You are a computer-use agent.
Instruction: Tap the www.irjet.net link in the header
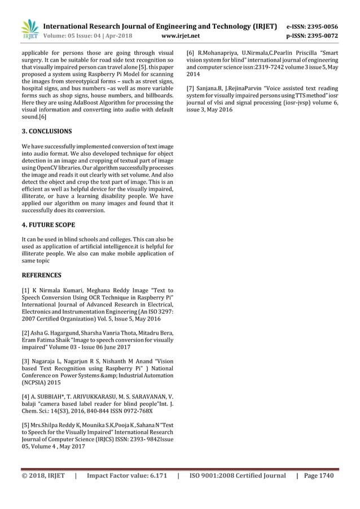click(x=180, y=36)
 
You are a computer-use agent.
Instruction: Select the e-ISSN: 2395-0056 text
click(x=313, y=26)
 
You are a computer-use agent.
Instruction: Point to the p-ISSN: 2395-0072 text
click(x=313, y=36)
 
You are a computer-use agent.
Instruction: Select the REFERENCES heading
click(x=41, y=275)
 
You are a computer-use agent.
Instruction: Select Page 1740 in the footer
click(x=319, y=476)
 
